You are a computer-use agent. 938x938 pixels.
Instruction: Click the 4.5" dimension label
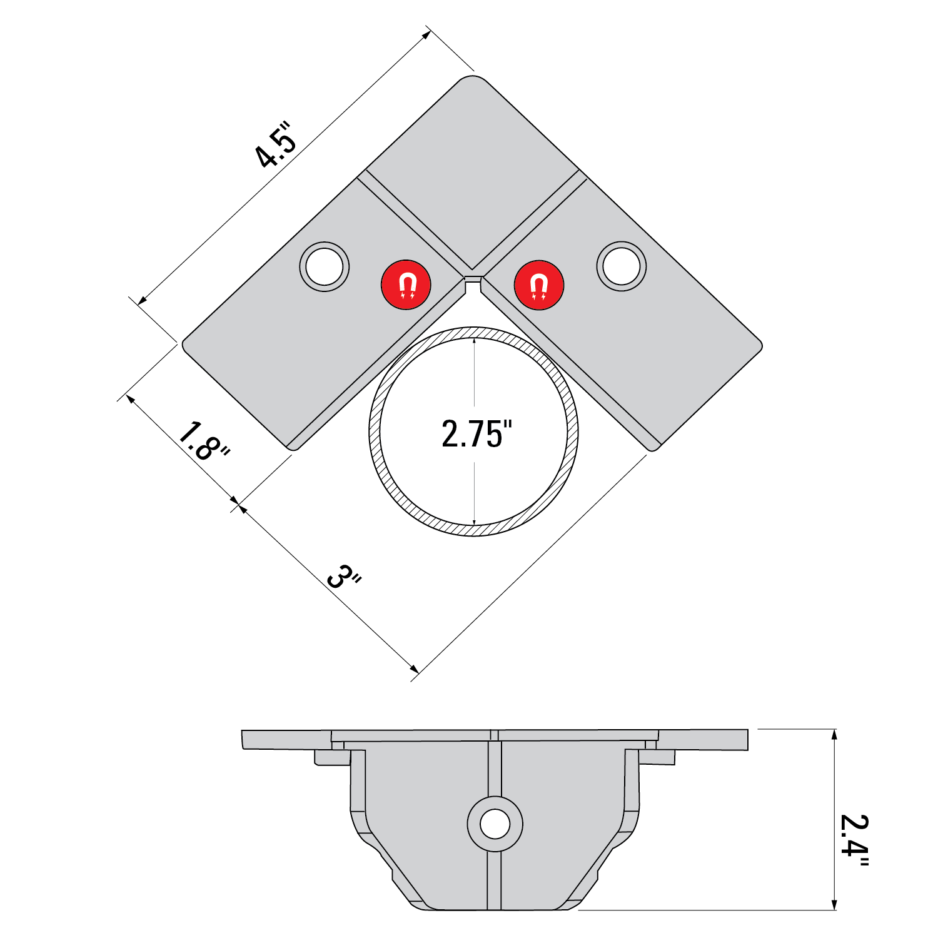(x=276, y=145)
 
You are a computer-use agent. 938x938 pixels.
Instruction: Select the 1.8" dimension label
(x=203, y=442)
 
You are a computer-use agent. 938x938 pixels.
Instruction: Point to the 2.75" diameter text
(x=477, y=434)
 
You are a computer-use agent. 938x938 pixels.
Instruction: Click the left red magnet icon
(x=406, y=285)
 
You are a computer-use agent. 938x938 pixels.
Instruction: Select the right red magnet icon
(x=538, y=285)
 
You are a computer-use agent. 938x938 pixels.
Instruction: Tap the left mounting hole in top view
(x=325, y=266)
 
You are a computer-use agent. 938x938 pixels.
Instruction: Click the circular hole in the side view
(x=495, y=824)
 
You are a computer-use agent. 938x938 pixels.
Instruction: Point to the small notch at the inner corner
(x=473, y=284)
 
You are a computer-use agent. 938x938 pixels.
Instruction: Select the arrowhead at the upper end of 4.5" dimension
(x=426, y=34)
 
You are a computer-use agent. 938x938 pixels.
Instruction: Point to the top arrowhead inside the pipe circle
(x=475, y=341)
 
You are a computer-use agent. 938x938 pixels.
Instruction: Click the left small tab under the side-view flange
(x=331, y=757)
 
